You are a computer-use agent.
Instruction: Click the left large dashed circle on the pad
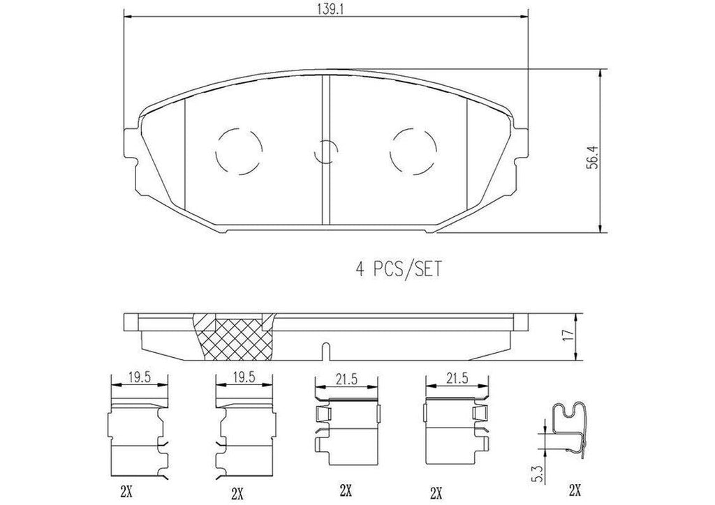click(x=239, y=151)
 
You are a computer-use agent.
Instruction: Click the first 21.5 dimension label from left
click(x=347, y=379)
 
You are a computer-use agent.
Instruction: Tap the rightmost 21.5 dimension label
click(x=455, y=379)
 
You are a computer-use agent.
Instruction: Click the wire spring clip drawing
click(x=568, y=436)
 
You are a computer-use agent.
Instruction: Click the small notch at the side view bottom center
click(x=325, y=349)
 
